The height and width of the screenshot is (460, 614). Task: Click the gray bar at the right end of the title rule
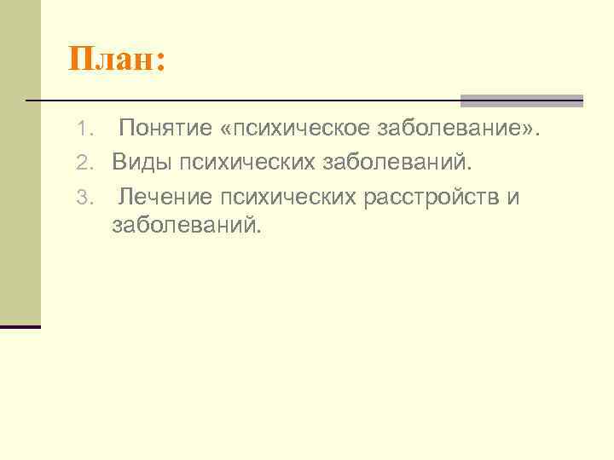tap(521, 101)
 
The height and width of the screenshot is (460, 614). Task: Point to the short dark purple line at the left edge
tap(20, 326)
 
